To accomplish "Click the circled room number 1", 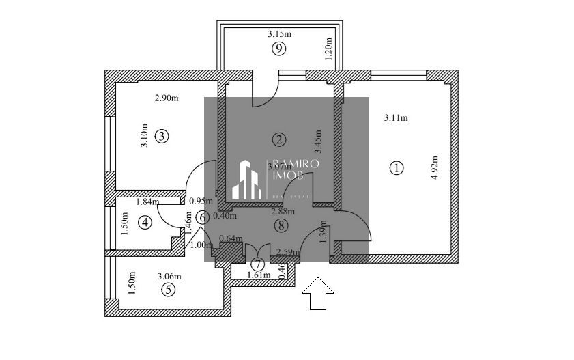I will pos(396,167).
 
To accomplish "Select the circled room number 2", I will pos(278,139).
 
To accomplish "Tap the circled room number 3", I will pos(161,136).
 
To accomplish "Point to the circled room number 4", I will pos(144,222).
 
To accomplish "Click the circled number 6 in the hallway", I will pos(202,218).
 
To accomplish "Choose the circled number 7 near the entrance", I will pos(257,264).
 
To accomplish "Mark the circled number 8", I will pos(279,225).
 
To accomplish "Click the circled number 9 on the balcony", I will pos(278,48).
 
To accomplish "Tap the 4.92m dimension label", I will pos(435,167).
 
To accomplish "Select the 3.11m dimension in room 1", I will pos(396,117).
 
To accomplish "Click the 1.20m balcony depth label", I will pos(328,49).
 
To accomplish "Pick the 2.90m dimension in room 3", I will pos(167,98).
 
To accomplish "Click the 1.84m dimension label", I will pos(147,202).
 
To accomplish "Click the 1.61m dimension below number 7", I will pos(259,275).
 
